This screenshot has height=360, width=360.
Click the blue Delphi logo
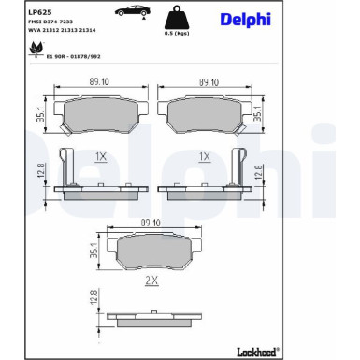click(x=244, y=20)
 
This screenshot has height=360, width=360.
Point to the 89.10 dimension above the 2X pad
click(x=151, y=223)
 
